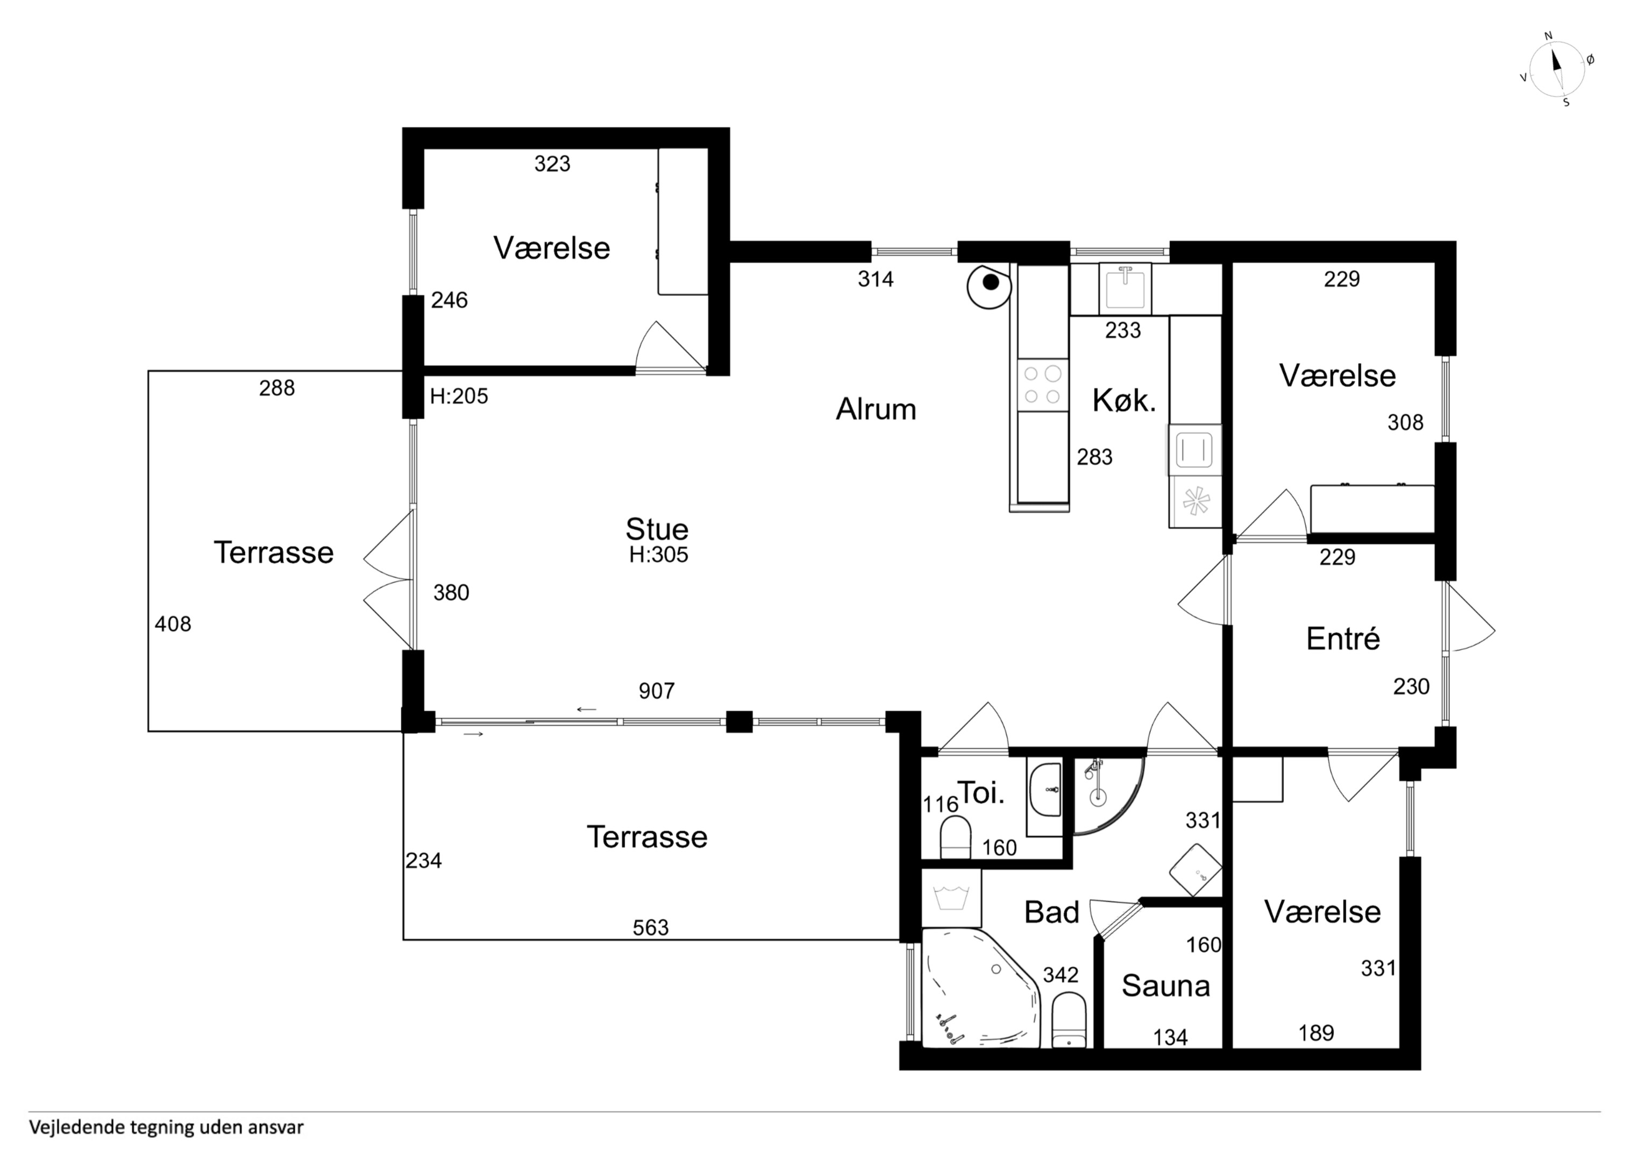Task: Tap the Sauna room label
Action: (x=1166, y=986)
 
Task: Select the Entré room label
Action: (x=1342, y=639)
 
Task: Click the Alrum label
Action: (x=876, y=409)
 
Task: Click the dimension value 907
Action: (x=656, y=691)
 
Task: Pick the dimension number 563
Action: (x=650, y=928)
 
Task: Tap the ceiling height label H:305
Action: (x=658, y=555)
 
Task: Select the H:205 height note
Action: (x=459, y=396)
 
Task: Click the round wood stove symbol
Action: (x=988, y=285)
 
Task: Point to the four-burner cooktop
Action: (x=1043, y=385)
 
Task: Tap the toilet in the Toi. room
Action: (x=955, y=838)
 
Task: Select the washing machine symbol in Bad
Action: (x=951, y=898)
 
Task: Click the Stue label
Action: (x=657, y=529)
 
